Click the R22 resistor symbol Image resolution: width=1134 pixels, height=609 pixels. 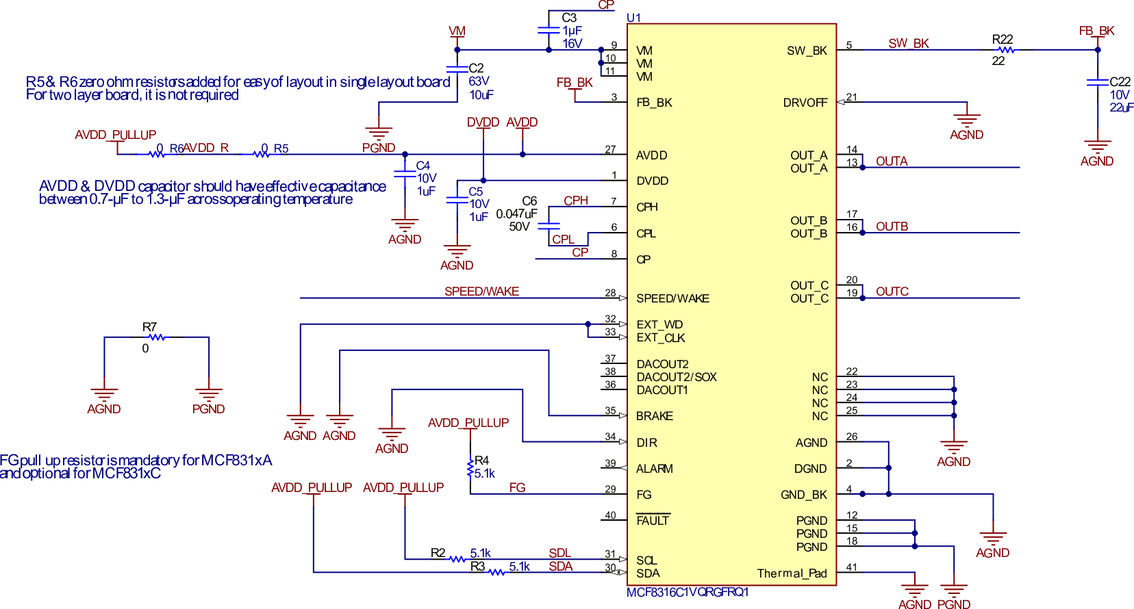pyautogui.click(x=1005, y=50)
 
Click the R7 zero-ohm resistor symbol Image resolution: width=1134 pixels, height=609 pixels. pyautogui.click(x=157, y=337)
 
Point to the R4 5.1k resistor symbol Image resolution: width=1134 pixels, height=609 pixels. pyautogui.click(x=470, y=469)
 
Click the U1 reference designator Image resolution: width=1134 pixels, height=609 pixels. pyautogui.click(x=633, y=18)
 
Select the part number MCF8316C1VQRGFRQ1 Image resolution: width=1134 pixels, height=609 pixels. pyautogui.click(x=687, y=592)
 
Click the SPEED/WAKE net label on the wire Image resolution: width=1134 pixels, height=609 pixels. pyautogui.click(x=481, y=291)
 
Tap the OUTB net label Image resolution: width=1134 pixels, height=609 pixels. pyautogui.click(x=892, y=226)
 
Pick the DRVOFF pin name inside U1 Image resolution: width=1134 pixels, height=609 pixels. pyautogui.click(x=805, y=103)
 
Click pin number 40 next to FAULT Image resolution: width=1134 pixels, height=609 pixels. pyautogui.click(x=610, y=515)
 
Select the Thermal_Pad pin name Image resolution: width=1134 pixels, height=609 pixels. pyautogui.click(x=792, y=573)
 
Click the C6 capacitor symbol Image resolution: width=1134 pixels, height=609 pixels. pyautogui.click(x=549, y=225)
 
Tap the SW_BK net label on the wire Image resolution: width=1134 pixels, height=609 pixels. pyautogui.click(x=908, y=44)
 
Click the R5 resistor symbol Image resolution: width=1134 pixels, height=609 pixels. pyautogui.click(x=261, y=155)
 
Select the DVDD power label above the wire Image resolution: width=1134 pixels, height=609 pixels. pyautogui.click(x=483, y=122)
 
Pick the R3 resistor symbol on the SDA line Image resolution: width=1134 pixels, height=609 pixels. pyautogui.click(x=496, y=572)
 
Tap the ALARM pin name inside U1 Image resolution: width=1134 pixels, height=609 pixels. pyautogui.click(x=654, y=469)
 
